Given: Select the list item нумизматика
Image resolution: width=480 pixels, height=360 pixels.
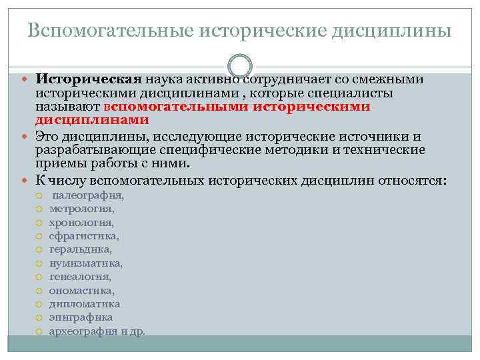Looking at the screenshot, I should pos(86,263).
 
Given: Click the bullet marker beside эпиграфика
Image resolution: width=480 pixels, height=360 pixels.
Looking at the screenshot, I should pos(39,318).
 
